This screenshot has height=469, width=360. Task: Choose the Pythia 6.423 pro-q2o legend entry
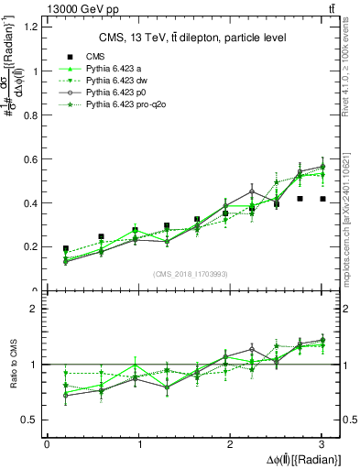[125, 106]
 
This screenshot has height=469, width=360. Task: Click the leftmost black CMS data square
[65, 248]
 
